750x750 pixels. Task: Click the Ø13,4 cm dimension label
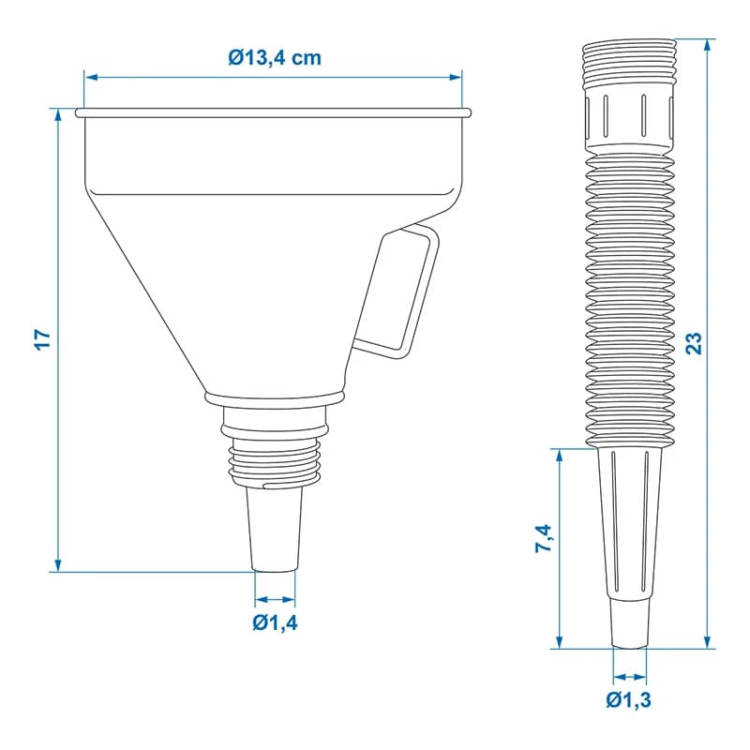click(x=274, y=58)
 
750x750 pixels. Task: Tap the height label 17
click(x=42, y=339)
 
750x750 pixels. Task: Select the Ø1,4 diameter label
click(x=275, y=622)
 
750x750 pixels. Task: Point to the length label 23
click(x=694, y=342)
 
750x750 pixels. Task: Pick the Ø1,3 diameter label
click(x=628, y=698)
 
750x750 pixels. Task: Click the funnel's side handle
click(x=397, y=292)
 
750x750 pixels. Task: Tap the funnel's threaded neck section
click(x=276, y=460)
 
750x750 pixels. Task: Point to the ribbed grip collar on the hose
click(x=628, y=117)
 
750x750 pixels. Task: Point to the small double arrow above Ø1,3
click(x=628, y=676)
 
